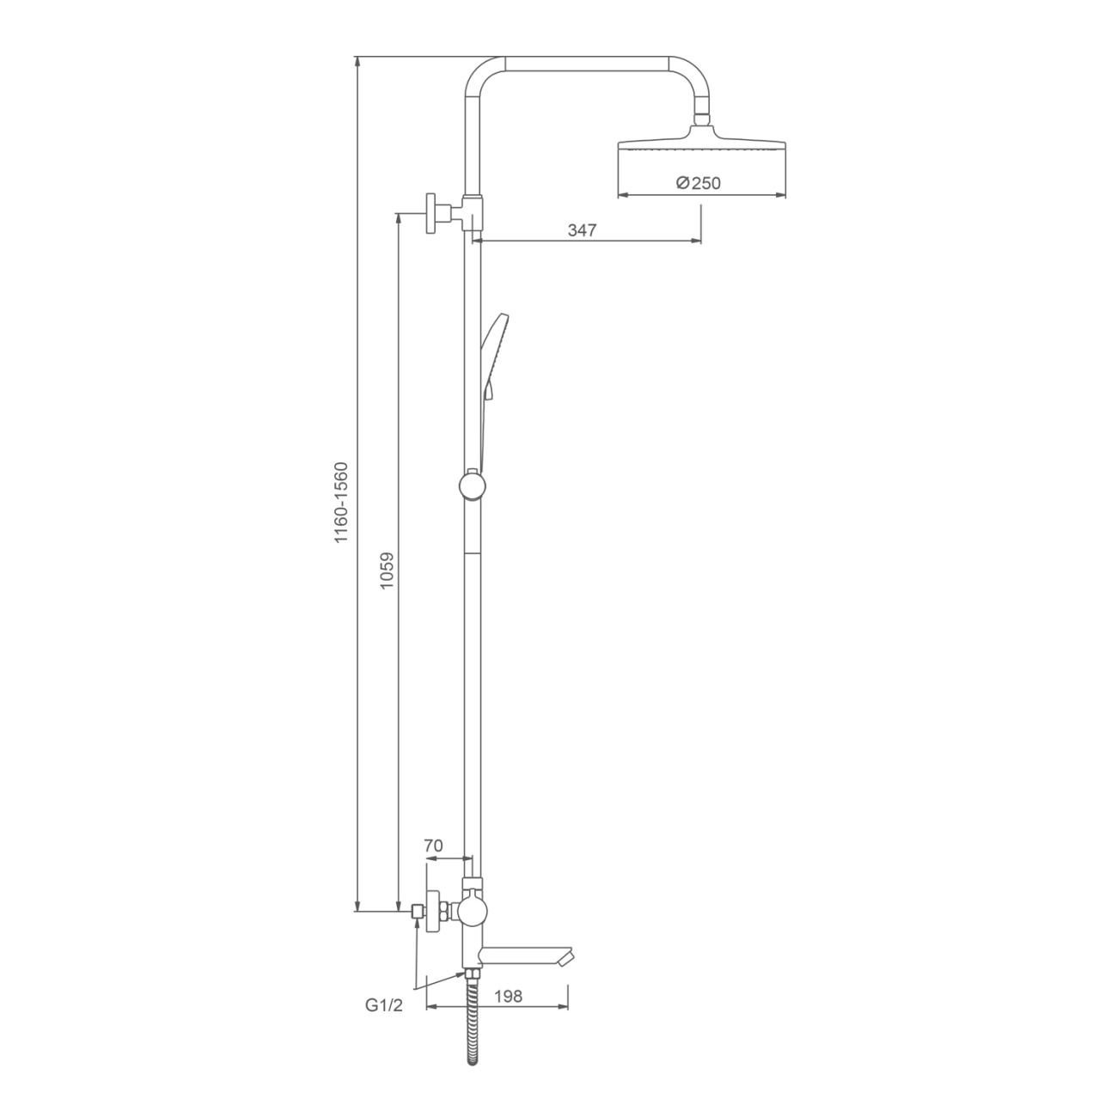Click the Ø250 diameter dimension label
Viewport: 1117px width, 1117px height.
click(x=698, y=183)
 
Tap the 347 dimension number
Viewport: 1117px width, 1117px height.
click(x=582, y=230)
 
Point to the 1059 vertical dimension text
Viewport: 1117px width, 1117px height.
click(x=388, y=571)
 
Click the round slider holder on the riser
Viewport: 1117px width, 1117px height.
click(x=473, y=485)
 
